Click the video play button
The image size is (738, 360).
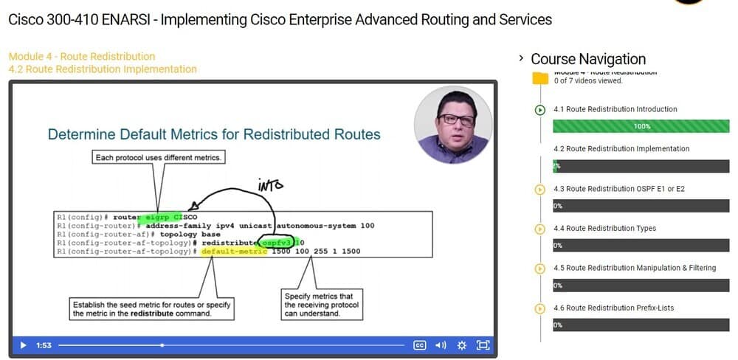point(23,345)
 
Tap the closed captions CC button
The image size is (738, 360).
point(419,345)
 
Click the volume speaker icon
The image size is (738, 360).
point(441,345)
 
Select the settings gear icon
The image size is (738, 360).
point(462,345)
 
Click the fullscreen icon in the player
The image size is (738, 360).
point(483,345)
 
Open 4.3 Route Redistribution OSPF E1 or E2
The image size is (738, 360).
point(618,189)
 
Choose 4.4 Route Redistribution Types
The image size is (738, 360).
point(604,229)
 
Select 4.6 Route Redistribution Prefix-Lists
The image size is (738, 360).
point(613,308)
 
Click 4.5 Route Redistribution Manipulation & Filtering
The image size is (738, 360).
point(634,268)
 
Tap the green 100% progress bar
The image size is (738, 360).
point(641,126)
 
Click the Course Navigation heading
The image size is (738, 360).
point(588,59)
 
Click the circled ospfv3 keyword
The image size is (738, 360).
point(277,242)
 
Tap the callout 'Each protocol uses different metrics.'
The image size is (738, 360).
point(159,157)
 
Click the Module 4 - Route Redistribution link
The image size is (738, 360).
point(82,56)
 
